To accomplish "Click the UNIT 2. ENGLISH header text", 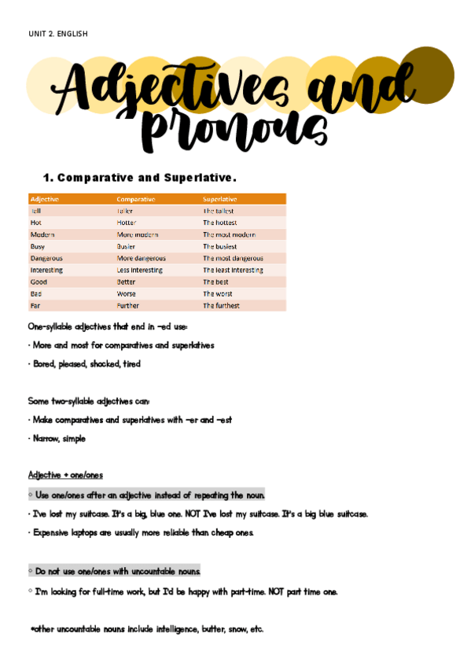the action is pyautogui.click(x=57, y=34).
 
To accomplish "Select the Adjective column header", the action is pyautogui.click(x=45, y=199).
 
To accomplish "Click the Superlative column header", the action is pyautogui.click(x=220, y=199).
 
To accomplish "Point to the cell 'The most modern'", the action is pyautogui.click(x=229, y=234).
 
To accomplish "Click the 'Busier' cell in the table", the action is pyautogui.click(x=128, y=246).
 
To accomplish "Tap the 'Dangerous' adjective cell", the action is pyautogui.click(x=46, y=258).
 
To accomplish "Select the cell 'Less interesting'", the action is pyautogui.click(x=140, y=270).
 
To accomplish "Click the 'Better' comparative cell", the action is pyautogui.click(x=127, y=282).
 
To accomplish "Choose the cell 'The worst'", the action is pyautogui.click(x=218, y=293).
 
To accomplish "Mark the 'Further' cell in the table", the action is pyautogui.click(x=128, y=305).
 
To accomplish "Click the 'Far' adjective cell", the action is pyautogui.click(x=35, y=305).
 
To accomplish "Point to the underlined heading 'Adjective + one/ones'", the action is pyautogui.click(x=65, y=475).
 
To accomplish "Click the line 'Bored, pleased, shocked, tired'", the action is pyautogui.click(x=86, y=364).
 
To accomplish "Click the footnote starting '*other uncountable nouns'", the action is pyautogui.click(x=147, y=629).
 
